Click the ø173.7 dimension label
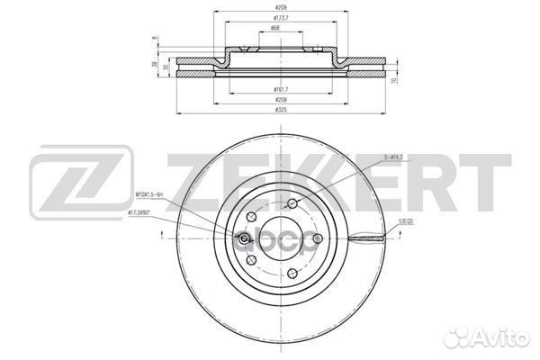click(x=283, y=18)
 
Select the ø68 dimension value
click(x=283, y=30)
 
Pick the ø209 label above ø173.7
click(x=283, y=7)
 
